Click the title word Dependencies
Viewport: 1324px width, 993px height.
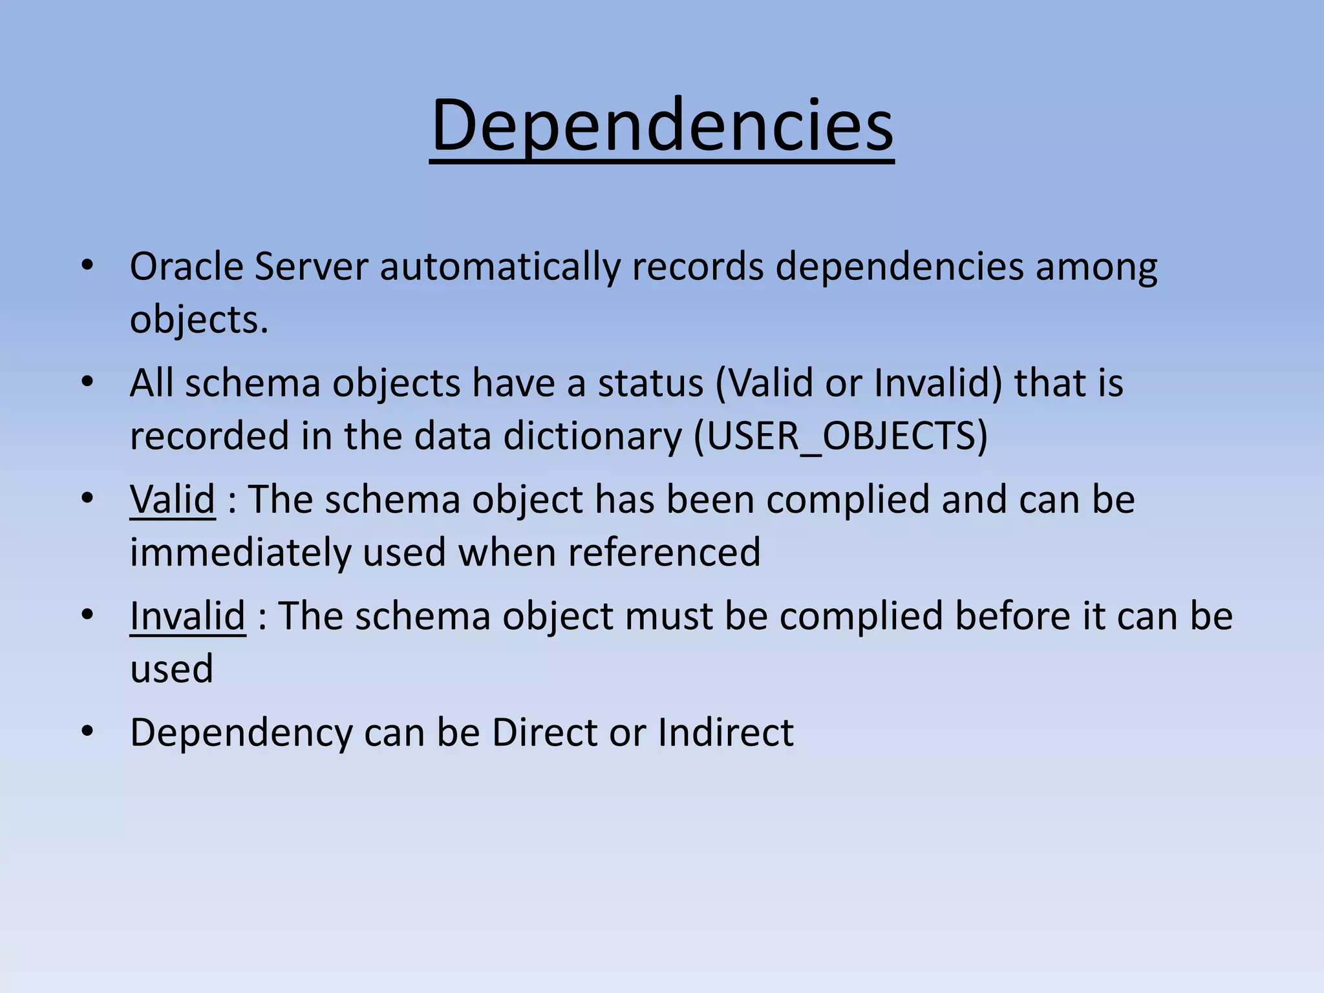(x=661, y=126)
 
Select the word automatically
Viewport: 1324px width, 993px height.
(x=499, y=267)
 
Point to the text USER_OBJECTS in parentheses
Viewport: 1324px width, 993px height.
(x=840, y=436)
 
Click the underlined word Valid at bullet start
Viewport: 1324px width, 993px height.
(x=172, y=500)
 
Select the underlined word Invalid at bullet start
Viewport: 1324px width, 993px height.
(x=187, y=615)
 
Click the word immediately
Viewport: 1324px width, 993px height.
(x=240, y=552)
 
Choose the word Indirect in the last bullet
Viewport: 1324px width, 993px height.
(x=725, y=732)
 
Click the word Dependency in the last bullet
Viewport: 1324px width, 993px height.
(x=240, y=732)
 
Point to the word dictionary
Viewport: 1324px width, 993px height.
(x=592, y=436)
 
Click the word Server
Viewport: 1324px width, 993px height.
(x=311, y=267)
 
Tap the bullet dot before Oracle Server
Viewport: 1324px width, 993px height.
(x=88, y=266)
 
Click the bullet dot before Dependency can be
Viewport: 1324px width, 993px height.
(x=88, y=732)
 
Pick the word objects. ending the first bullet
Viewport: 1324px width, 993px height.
(x=198, y=319)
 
